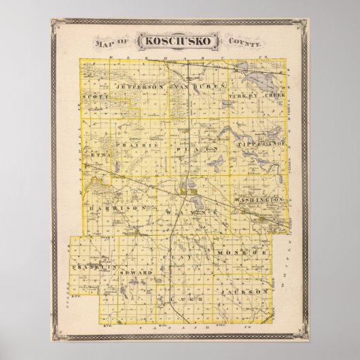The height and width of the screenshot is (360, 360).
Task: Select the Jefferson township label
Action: click(x=141, y=88)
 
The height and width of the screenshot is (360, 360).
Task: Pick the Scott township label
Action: click(x=95, y=96)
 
